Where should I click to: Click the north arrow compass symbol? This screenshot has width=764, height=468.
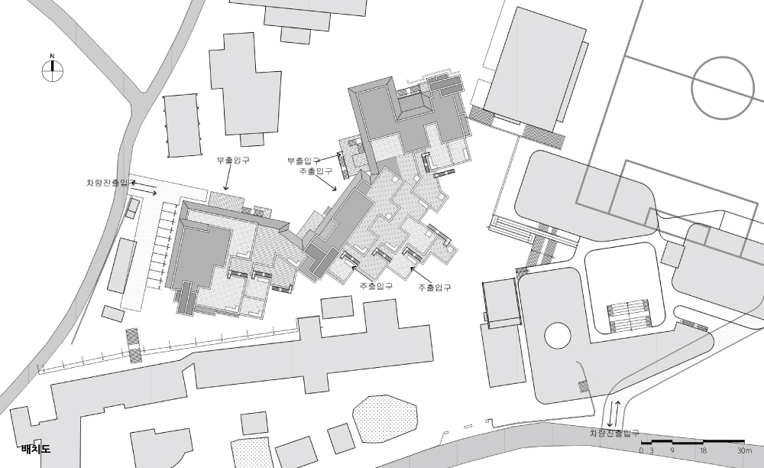click(52, 70)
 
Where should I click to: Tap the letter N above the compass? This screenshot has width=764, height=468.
click(52, 56)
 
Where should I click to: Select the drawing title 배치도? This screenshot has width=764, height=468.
click(36, 449)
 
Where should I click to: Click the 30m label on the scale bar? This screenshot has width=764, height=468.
click(744, 451)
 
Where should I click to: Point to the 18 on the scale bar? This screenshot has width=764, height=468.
click(703, 451)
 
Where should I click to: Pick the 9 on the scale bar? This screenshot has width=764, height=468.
click(672, 451)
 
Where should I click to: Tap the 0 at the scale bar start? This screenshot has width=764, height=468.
click(641, 451)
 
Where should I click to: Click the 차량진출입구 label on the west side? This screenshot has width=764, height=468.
click(111, 183)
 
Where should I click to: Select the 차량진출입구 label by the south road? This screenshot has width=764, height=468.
click(614, 433)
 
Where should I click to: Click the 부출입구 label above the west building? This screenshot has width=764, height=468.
click(233, 160)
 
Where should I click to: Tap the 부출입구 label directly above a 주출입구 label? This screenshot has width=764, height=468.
click(303, 161)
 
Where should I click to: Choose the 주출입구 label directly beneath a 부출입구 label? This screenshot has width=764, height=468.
click(316, 171)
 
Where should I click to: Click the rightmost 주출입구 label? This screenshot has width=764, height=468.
click(434, 287)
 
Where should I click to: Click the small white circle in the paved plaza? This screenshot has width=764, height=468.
click(557, 336)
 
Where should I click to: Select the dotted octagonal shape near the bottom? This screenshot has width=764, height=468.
click(385, 419)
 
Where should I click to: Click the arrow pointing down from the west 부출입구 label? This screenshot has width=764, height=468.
click(226, 177)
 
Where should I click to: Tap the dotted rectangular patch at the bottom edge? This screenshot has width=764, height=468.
click(251, 453)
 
